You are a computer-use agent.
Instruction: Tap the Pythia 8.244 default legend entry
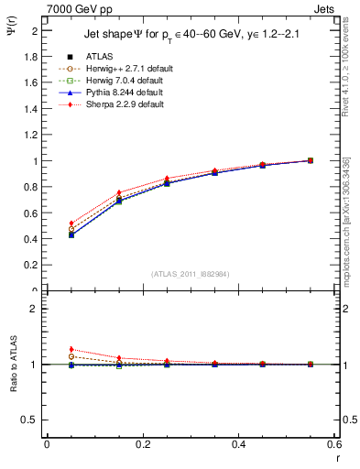coord(112,93)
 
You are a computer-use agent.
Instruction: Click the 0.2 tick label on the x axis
coord(142,445)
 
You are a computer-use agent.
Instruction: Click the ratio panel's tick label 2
coord(34,309)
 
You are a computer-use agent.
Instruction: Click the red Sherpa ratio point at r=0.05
coord(71,349)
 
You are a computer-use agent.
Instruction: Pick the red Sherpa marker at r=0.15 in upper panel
coord(118,192)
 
